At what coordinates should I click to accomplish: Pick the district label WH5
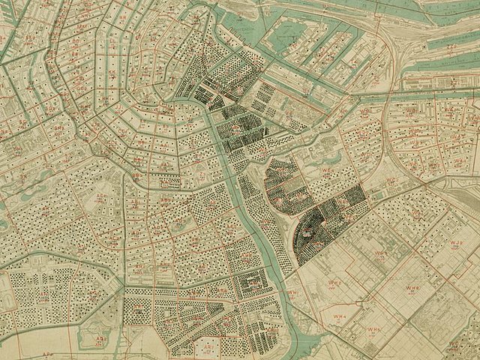(x=374, y=329)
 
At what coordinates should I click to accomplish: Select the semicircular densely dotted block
(x=310, y=232)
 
